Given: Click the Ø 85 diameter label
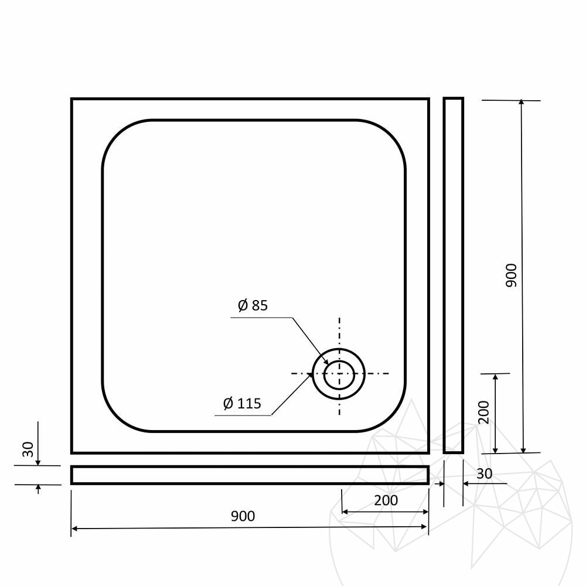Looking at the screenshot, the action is coord(253,305).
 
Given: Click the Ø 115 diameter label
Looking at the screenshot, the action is coord(242,404).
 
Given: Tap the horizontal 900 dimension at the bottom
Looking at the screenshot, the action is coord(243,516).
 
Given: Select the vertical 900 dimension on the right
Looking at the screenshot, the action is coord(511,275).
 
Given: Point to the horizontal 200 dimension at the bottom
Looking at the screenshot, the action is coord(386,500).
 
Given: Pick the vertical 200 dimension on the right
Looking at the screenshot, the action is coord(484,412).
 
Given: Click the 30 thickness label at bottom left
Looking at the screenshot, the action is coord(28,449).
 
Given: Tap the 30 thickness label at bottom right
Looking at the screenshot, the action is coord(485,474).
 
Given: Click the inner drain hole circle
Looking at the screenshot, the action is coord(339,375).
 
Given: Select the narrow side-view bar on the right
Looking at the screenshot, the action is coord(454,275).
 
